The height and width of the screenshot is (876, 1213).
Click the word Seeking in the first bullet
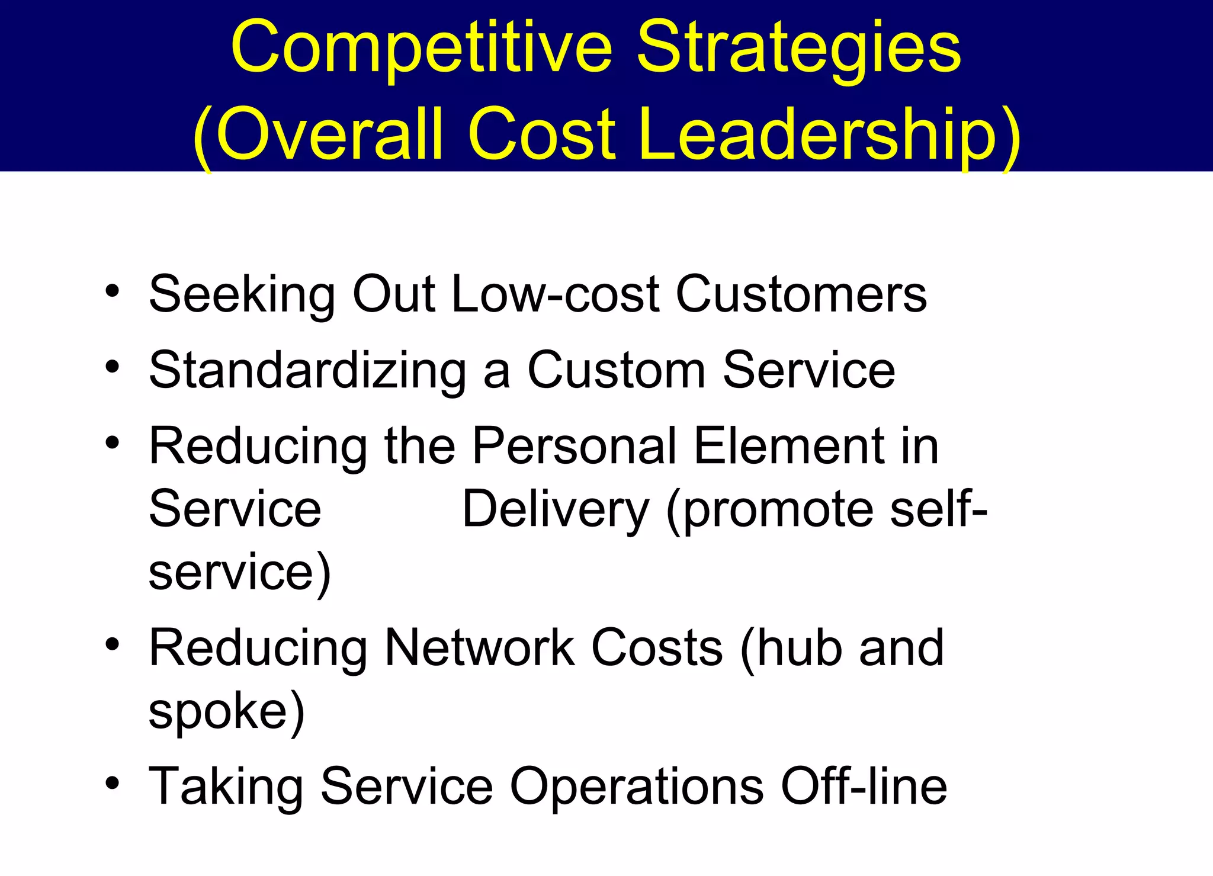click(x=242, y=294)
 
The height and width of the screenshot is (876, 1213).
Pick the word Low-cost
click(x=555, y=294)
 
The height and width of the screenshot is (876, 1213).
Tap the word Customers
click(x=801, y=294)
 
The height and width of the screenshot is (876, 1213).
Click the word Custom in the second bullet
click(x=616, y=370)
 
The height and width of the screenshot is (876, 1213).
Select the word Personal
click(x=574, y=445)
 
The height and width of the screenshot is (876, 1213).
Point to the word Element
click(x=788, y=445)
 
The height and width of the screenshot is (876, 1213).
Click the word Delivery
click(x=555, y=509)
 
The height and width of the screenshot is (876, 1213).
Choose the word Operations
click(x=637, y=787)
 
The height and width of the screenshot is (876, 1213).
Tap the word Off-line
click(x=864, y=787)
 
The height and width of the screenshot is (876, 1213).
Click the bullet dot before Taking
click(x=113, y=784)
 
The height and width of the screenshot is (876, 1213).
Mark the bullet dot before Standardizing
click(x=113, y=367)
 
